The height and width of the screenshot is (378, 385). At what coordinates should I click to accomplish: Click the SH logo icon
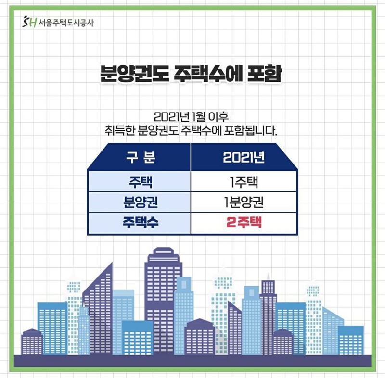click(x=29, y=22)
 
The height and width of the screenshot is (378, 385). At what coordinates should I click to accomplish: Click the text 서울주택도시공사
click(x=66, y=23)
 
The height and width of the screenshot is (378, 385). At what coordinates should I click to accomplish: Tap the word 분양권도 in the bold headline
click(x=135, y=74)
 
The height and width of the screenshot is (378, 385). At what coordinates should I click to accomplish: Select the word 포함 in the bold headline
click(x=264, y=74)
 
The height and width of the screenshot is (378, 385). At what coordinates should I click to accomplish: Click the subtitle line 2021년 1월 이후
click(x=191, y=117)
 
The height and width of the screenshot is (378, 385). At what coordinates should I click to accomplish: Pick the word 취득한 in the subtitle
click(x=119, y=130)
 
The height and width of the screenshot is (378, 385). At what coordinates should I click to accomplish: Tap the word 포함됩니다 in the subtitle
click(x=251, y=130)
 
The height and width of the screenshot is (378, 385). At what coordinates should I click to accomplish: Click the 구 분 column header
click(x=141, y=157)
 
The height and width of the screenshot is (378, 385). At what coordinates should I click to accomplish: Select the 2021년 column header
click(x=244, y=157)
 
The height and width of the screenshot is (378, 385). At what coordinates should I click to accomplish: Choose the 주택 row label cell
click(x=141, y=182)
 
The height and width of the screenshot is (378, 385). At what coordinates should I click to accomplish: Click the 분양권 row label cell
click(x=141, y=202)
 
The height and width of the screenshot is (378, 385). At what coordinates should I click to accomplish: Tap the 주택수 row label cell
click(x=141, y=222)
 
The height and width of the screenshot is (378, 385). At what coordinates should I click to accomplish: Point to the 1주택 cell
click(x=244, y=182)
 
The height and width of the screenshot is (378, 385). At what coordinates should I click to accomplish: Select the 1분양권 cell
click(x=244, y=202)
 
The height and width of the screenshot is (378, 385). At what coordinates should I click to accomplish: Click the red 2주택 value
click(x=244, y=222)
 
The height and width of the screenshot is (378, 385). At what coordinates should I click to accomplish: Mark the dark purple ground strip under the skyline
click(x=192, y=361)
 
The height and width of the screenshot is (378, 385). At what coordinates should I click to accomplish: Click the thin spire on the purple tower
click(x=268, y=277)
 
